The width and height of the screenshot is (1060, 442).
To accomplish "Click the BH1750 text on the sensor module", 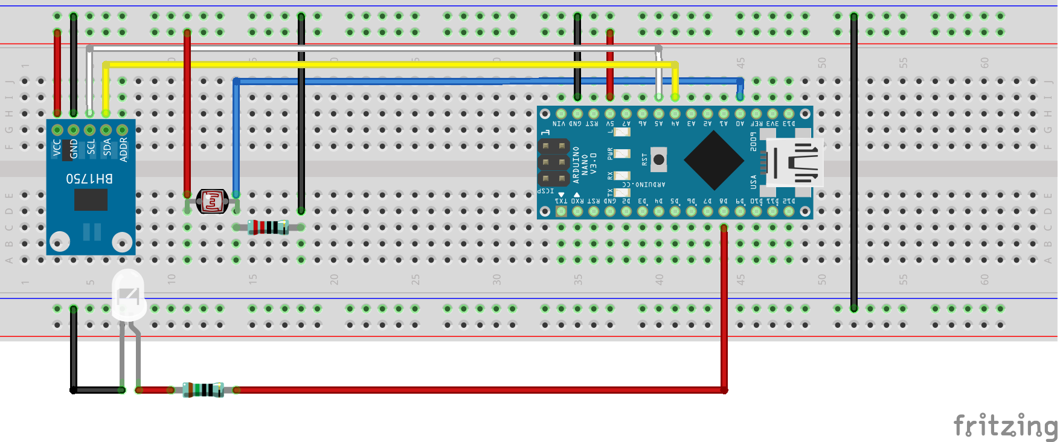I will tap(89, 178).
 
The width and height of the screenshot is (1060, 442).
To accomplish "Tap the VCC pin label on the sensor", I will tap(57, 147).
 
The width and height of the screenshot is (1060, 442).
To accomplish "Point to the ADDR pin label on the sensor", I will tap(123, 149).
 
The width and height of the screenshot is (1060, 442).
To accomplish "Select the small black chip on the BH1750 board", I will tap(91, 200).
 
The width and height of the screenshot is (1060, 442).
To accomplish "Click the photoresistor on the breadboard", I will tap(212, 201).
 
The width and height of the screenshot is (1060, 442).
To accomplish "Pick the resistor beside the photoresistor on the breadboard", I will tap(268, 227).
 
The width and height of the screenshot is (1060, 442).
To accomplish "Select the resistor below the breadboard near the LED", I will tap(204, 389).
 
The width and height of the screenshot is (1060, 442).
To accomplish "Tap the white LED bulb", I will tap(128, 295).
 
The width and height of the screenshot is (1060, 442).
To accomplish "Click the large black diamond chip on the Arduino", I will tap(714, 160).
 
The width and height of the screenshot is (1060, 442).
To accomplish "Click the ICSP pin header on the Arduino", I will tap(553, 162).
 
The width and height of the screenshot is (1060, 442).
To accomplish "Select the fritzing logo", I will tap(1005, 426).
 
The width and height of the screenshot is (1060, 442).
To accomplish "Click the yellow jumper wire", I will tap(387, 65).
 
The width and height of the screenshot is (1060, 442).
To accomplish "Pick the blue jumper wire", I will tap(483, 81).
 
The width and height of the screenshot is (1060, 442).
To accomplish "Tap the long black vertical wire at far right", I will tap(853, 163).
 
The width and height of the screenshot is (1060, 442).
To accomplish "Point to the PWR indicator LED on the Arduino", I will tap(622, 153).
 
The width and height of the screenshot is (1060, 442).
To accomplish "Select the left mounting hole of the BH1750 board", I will tap(60, 242).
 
